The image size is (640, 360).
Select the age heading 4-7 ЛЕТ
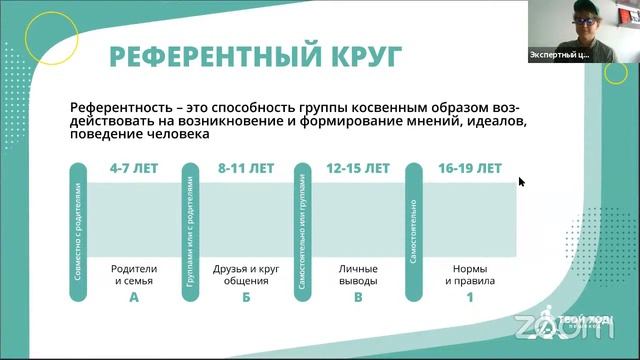[x=134, y=169]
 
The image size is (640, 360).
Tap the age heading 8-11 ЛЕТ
[x=245, y=169]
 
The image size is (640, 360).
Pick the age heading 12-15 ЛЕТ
[x=357, y=169]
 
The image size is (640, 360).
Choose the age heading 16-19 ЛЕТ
[x=469, y=169]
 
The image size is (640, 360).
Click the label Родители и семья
[x=134, y=275]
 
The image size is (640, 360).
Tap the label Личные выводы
[x=357, y=275]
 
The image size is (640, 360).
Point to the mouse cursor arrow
[x=520, y=181]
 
